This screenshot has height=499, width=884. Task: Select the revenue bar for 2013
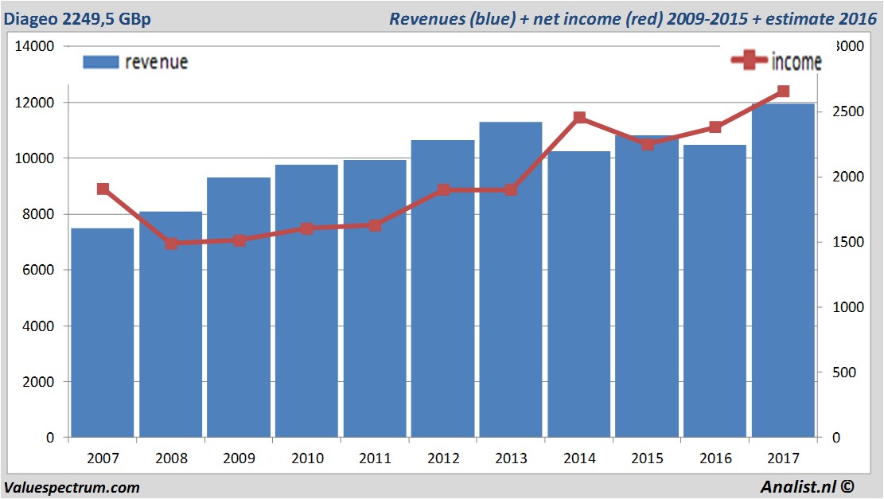511,279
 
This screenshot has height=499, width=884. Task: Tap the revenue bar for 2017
783,271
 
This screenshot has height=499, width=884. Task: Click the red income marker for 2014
579,118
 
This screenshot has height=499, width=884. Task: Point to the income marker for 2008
171,244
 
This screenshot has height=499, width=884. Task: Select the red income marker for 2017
783,92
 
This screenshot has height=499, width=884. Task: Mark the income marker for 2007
103,189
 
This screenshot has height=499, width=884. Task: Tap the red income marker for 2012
443,190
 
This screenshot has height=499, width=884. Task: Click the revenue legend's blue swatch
100,62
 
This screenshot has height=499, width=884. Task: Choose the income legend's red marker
749,60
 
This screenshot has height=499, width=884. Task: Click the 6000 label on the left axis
39,271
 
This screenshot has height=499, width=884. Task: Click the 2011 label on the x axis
376,459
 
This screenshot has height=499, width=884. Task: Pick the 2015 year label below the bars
648,459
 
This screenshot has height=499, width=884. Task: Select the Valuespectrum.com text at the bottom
72,488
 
